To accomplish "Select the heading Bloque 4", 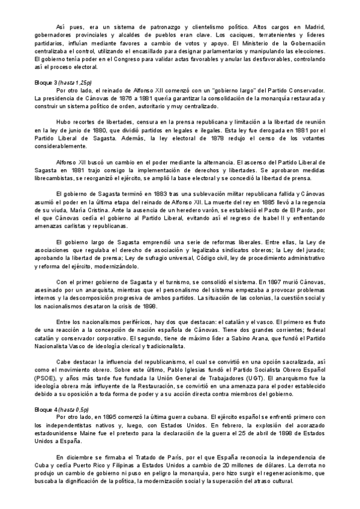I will click(47, 409).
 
